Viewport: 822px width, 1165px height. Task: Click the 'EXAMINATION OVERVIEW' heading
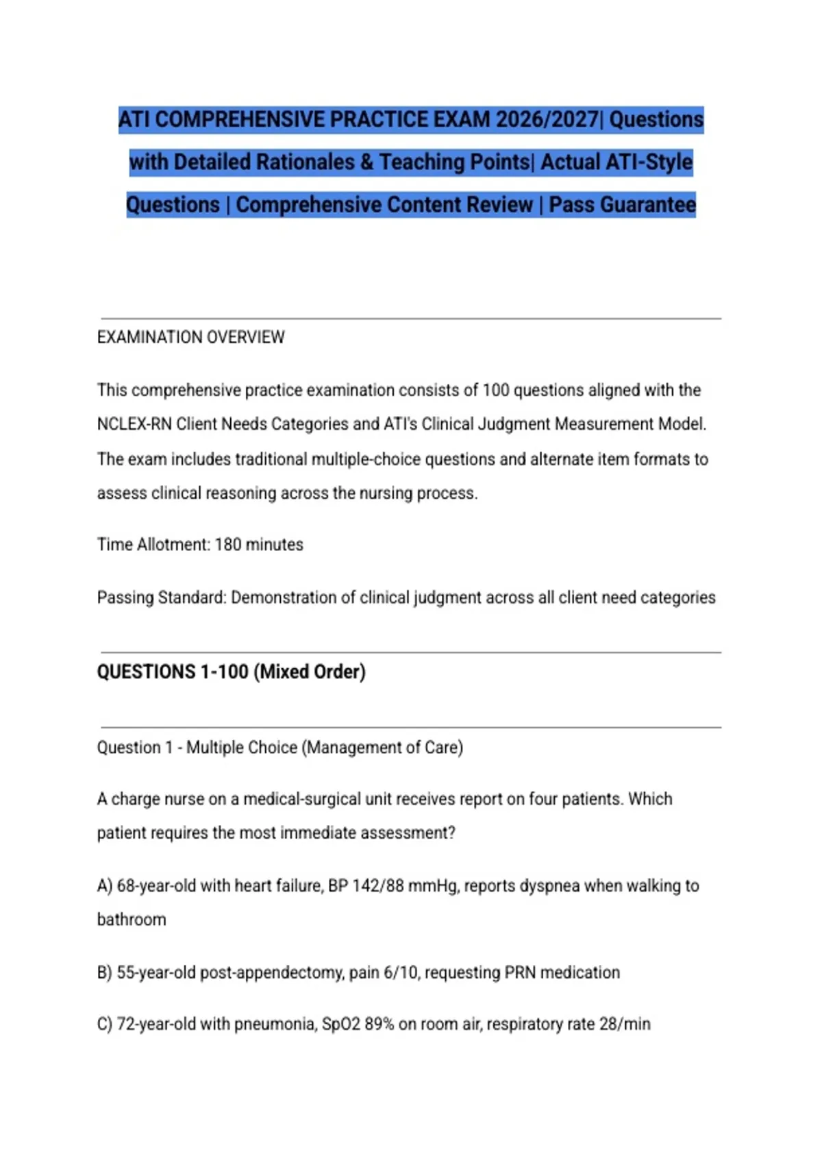(x=190, y=337)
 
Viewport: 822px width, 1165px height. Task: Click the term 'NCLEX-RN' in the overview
(x=134, y=424)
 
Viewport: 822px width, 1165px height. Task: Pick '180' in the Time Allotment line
(x=228, y=545)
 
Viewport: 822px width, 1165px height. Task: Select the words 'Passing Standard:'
(x=161, y=598)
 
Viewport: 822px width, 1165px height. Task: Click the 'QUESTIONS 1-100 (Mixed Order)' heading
(x=231, y=672)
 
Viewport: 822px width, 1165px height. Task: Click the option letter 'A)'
(x=104, y=886)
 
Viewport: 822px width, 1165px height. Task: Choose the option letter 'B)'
(x=104, y=972)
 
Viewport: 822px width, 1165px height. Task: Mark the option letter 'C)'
(x=104, y=1025)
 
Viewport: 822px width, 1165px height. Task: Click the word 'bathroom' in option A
(x=132, y=920)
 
